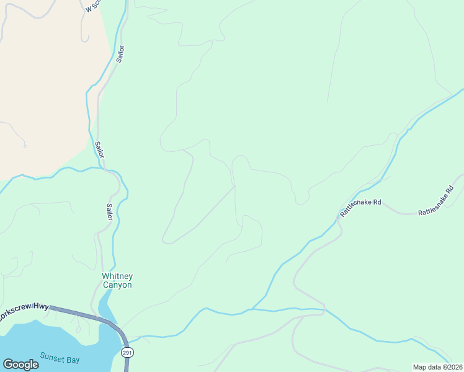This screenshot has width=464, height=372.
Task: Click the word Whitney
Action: coord(117,277)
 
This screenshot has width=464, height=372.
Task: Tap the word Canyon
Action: coord(117,285)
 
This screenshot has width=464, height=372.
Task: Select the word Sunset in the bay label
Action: coord(52,356)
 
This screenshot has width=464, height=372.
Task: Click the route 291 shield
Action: coord(127,352)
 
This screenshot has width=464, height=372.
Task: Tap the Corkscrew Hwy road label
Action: coord(24,314)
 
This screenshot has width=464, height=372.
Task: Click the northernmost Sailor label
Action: coord(120,54)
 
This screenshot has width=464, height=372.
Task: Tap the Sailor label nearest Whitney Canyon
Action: coord(109,211)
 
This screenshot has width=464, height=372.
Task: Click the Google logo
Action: coord(20,364)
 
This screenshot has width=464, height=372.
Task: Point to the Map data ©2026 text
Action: coord(437,367)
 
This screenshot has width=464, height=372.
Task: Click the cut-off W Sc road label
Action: coord(92,7)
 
